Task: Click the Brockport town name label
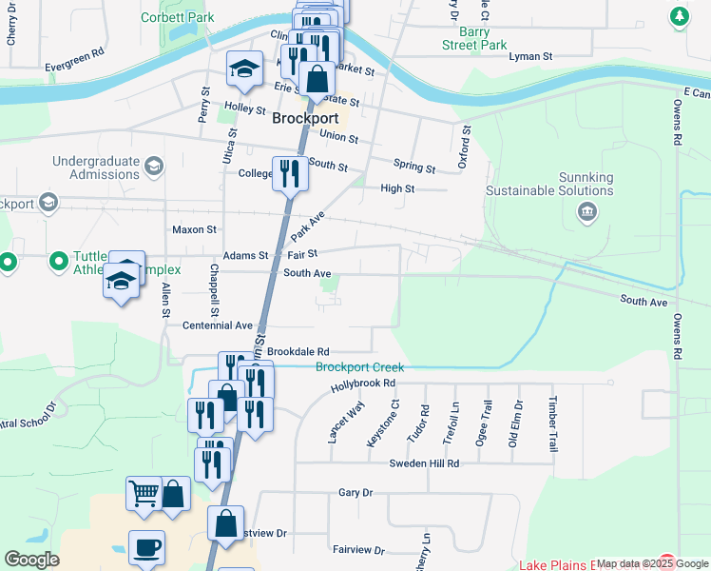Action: [x=305, y=119]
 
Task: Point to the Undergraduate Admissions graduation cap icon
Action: [x=153, y=167]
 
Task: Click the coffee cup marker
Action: [x=146, y=548]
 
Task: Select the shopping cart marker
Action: [x=144, y=494]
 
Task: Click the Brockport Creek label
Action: [x=359, y=367]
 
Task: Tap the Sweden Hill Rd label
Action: [x=424, y=463]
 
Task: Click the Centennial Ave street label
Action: [x=218, y=325]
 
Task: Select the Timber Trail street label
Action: [x=551, y=423]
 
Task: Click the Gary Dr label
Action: [x=355, y=493]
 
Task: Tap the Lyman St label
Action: [x=530, y=57]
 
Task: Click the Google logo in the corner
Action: [x=30, y=560]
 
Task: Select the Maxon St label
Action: [x=194, y=229]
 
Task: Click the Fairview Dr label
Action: [x=358, y=550]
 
